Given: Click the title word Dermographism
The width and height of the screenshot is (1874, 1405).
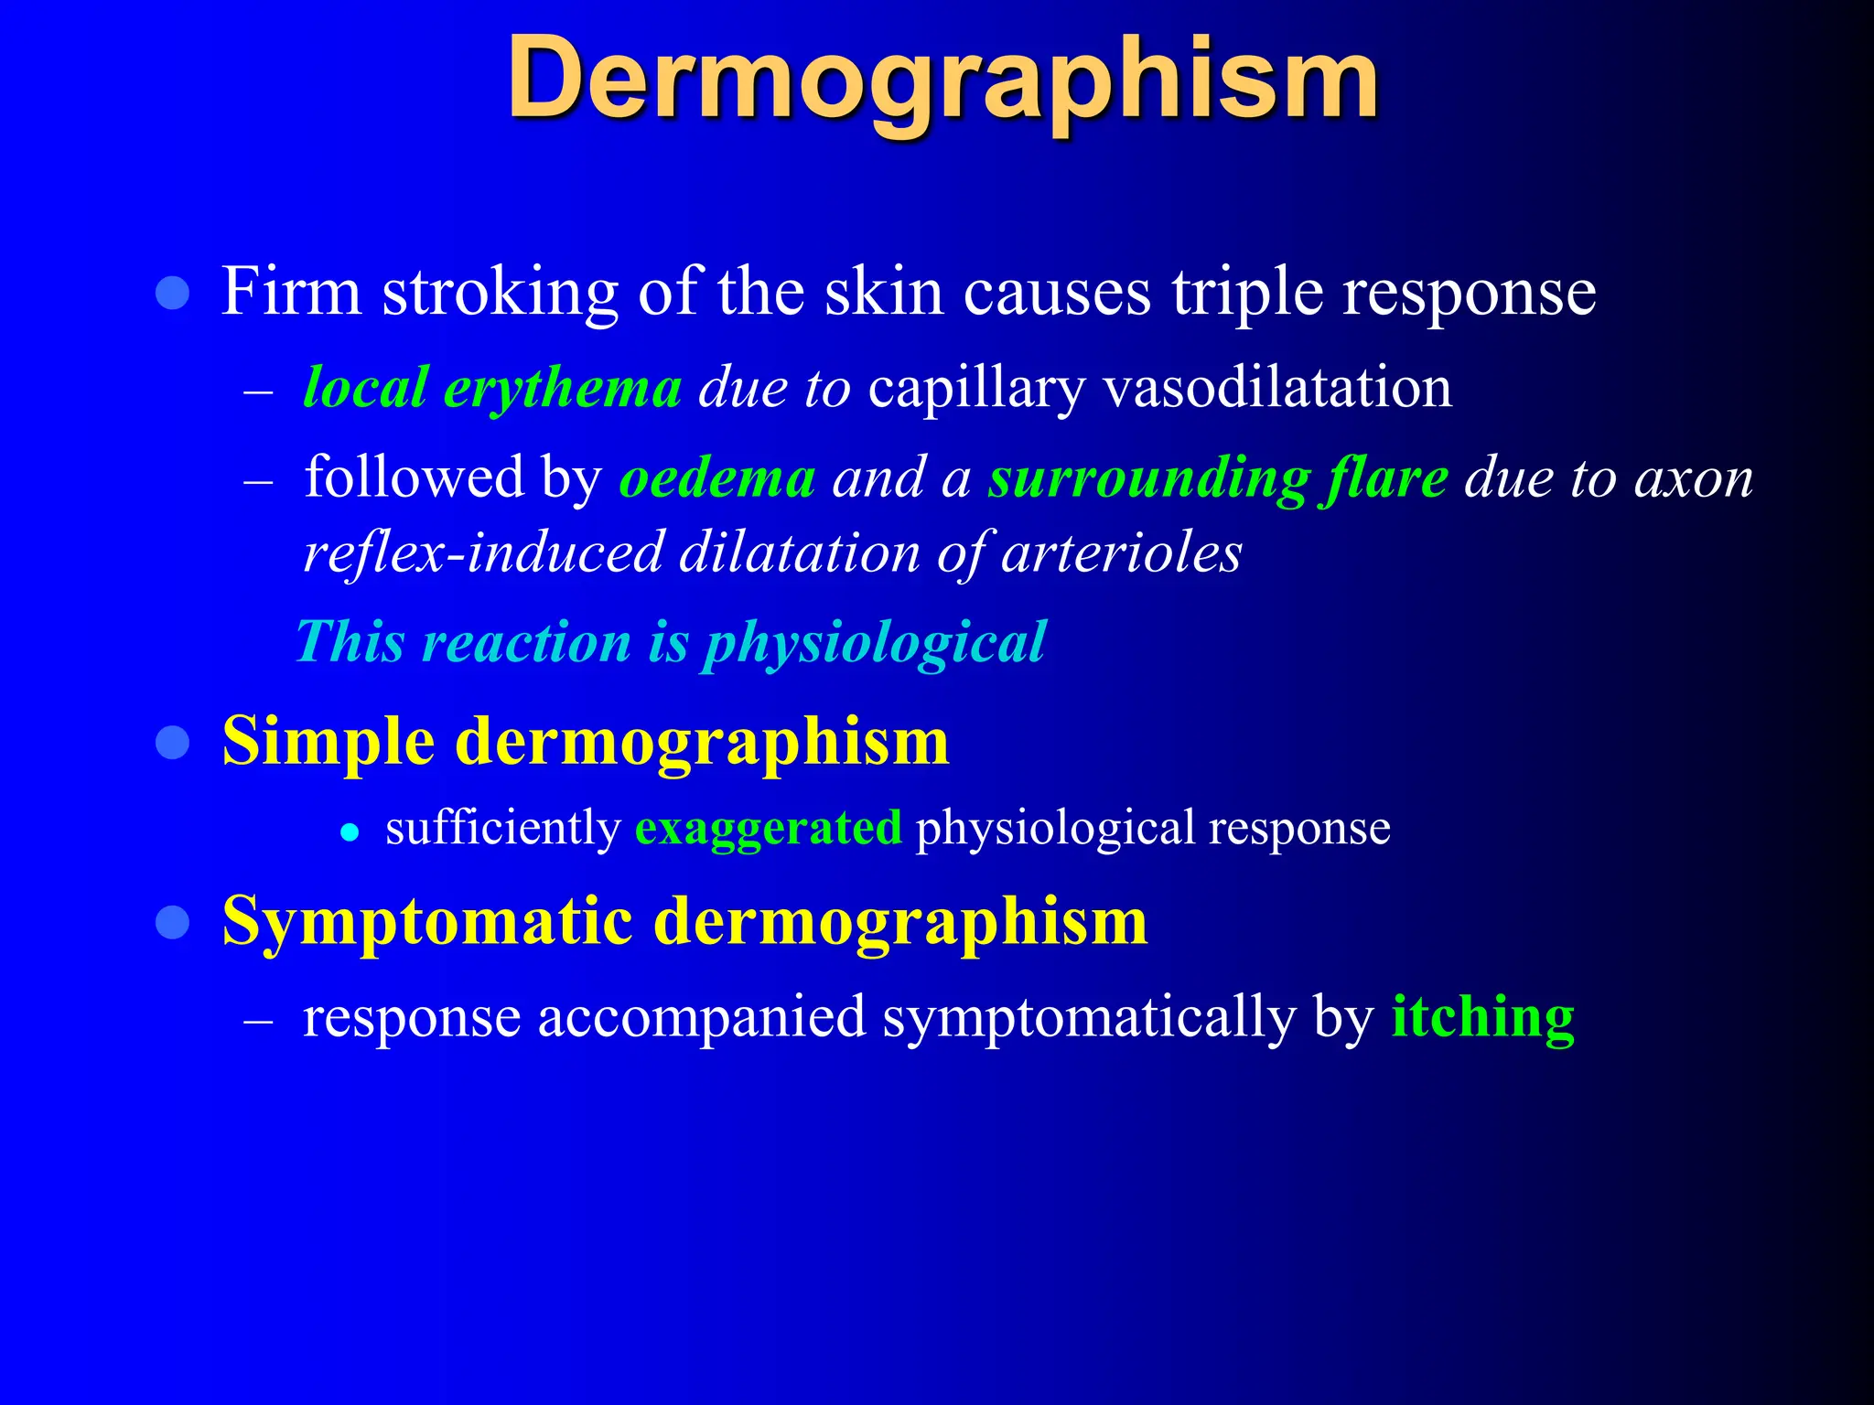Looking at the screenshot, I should pyautogui.click(x=942, y=79).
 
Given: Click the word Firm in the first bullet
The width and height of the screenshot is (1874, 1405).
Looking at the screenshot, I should pyautogui.click(x=292, y=293).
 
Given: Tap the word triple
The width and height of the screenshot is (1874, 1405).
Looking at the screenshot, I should pyautogui.click(x=1248, y=293).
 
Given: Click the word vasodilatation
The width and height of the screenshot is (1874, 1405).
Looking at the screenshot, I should pyautogui.click(x=1277, y=387).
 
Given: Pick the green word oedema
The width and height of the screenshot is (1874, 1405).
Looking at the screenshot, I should pyautogui.click(x=717, y=478).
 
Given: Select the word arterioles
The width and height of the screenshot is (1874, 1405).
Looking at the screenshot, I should pyautogui.click(x=1122, y=553).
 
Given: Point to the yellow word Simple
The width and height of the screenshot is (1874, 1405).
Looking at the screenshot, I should pyautogui.click(x=328, y=742).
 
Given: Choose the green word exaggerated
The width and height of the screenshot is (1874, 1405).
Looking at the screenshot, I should pyautogui.click(x=768, y=828).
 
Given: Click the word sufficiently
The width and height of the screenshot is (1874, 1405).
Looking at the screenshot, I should pyautogui.click(x=503, y=828).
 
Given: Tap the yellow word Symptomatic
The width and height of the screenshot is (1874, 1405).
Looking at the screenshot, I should pyautogui.click(x=427, y=922).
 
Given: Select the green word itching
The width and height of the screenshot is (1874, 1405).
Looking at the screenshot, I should pyautogui.click(x=1482, y=1018).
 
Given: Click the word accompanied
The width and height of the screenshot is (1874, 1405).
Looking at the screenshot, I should pyautogui.click(x=701, y=1018).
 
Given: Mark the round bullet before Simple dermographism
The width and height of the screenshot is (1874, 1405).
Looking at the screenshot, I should pyautogui.click(x=173, y=742).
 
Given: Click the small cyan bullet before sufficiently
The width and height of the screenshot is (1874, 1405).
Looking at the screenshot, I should pyautogui.click(x=349, y=832).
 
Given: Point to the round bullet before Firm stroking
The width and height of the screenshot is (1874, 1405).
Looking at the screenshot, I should pyautogui.click(x=173, y=294).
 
